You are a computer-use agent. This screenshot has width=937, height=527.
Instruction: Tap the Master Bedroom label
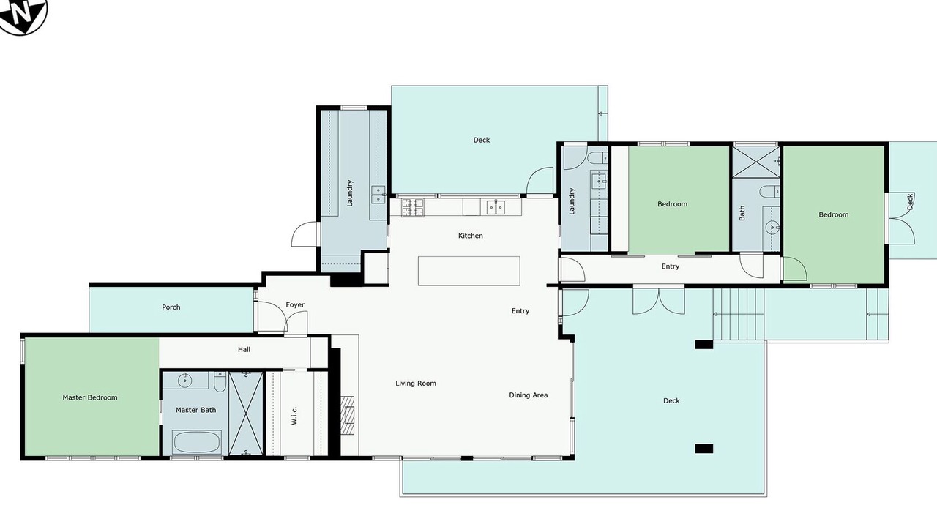coord(90,397)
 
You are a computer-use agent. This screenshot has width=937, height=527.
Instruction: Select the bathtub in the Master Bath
coord(197,442)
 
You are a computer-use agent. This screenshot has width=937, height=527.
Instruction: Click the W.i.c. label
coord(294,415)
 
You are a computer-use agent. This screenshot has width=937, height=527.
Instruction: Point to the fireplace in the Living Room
coord(347,415)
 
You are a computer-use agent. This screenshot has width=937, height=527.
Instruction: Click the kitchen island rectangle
coord(469,271)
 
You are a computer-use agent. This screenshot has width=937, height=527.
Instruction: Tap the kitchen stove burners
coord(412,207)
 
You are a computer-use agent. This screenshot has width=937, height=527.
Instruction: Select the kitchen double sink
coord(496,207)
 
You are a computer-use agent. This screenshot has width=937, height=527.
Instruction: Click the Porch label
coord(171,307)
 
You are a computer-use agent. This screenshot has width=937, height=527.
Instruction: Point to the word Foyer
coord(295,304)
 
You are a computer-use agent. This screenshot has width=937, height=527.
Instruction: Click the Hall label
coord(244,349)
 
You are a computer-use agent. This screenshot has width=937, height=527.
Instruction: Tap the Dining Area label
coord(529,395)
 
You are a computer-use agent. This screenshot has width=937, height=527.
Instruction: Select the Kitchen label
coord(471,236)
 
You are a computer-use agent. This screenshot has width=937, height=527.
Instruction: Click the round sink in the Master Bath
coord(184,380)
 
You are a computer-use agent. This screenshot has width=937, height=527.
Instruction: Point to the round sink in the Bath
coord(772,228)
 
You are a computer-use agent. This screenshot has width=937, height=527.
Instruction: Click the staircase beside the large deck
coord(739,314)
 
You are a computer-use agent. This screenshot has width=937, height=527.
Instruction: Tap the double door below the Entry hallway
coord(659,301)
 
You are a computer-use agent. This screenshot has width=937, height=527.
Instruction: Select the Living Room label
coord(416,383)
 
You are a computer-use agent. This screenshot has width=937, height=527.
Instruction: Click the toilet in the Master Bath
coord(220,381)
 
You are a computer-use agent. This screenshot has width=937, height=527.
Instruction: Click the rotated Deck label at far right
coord(910,201)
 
